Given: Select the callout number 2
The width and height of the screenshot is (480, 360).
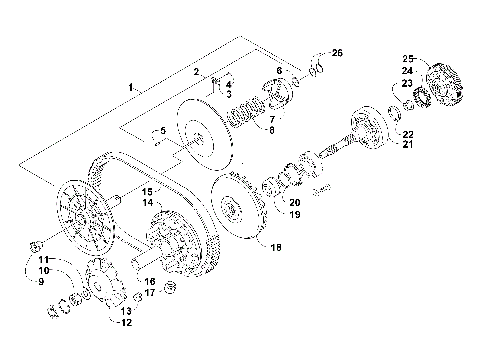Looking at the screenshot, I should (x=197, y=72).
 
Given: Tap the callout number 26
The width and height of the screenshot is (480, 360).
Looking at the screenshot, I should (x=336, y=51).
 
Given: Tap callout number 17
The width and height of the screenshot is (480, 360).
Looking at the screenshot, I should (x=149, y=293).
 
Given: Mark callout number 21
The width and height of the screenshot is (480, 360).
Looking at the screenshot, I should (x=408, y=145).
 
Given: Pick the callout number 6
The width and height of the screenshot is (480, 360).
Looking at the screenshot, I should (x=278, y=70).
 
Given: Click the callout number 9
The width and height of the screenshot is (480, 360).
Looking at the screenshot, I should (x=42, y=282).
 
